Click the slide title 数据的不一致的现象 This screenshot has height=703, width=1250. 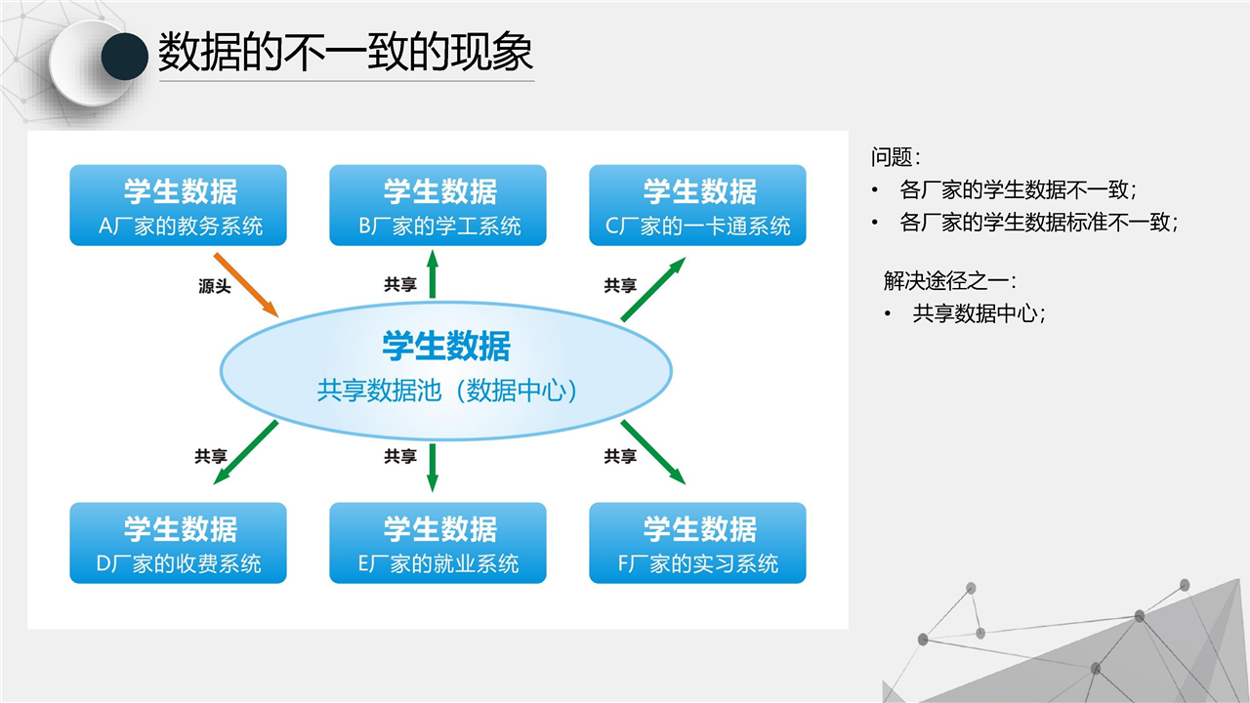coord(346,52)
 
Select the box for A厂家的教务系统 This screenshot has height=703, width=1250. coord(178,205)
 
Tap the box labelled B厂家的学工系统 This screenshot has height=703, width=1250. coord(438,205)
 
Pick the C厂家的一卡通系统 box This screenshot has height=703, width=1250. coord(697,205)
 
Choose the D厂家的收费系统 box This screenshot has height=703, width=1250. coord(178,543)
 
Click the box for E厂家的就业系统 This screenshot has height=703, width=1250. coord(438,543)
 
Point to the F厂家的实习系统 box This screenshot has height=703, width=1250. coord(697,543)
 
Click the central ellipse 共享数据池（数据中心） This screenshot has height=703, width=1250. coord(446,371)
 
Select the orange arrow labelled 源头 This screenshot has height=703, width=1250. coord(246,285)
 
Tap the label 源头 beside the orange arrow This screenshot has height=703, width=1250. coord(214,286)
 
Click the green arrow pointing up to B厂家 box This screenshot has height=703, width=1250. coord(433,274)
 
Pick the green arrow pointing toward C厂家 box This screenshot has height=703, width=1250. coord(653,289)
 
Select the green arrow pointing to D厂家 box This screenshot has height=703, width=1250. coord(245,452)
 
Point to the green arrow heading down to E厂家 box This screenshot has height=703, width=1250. coord(433,468)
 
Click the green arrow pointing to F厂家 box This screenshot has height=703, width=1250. coord(653,452)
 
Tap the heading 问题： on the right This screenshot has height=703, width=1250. coord(896,157)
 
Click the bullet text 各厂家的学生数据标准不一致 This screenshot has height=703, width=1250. coord(1038,223)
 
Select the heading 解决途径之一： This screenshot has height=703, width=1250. coord(950,280)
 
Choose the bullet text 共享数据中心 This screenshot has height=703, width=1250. coord(979,313)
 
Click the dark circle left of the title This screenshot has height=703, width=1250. coord(124,57)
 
